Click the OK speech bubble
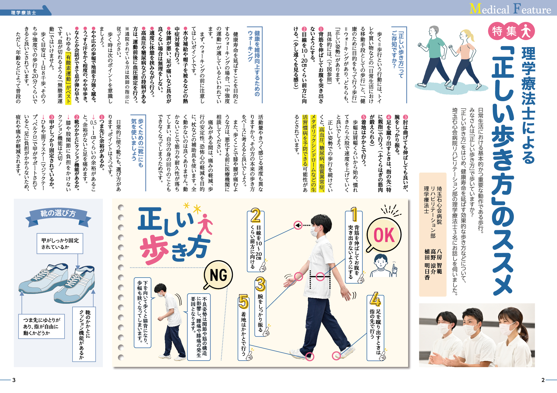384,235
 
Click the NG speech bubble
218,275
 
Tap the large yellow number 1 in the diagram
354,214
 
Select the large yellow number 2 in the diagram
255,215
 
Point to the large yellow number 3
260,284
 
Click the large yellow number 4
375,299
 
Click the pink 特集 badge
511,31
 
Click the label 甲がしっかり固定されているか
60,244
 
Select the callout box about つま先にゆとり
41,327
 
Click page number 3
14,380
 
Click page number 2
543,380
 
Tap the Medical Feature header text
510,9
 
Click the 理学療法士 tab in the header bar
24,12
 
